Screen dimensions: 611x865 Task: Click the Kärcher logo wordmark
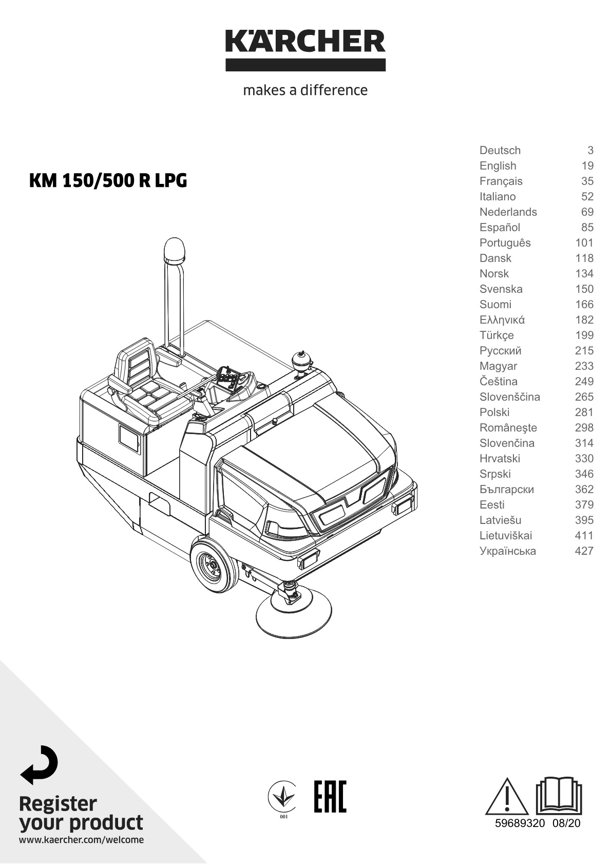[305, 41]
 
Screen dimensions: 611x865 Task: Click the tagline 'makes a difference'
[305, 90]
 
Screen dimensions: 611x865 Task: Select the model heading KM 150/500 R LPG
[108, 180]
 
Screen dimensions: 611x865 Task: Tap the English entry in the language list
[498, 166]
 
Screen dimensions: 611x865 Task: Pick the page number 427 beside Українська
[584, 551]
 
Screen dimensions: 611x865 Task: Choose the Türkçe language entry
[497, 335]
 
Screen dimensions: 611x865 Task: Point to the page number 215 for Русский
[584, 350]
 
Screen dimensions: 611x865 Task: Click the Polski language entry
[494, 412]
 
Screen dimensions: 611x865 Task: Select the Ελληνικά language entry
[502, 319]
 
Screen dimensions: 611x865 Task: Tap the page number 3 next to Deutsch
[590, 150]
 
